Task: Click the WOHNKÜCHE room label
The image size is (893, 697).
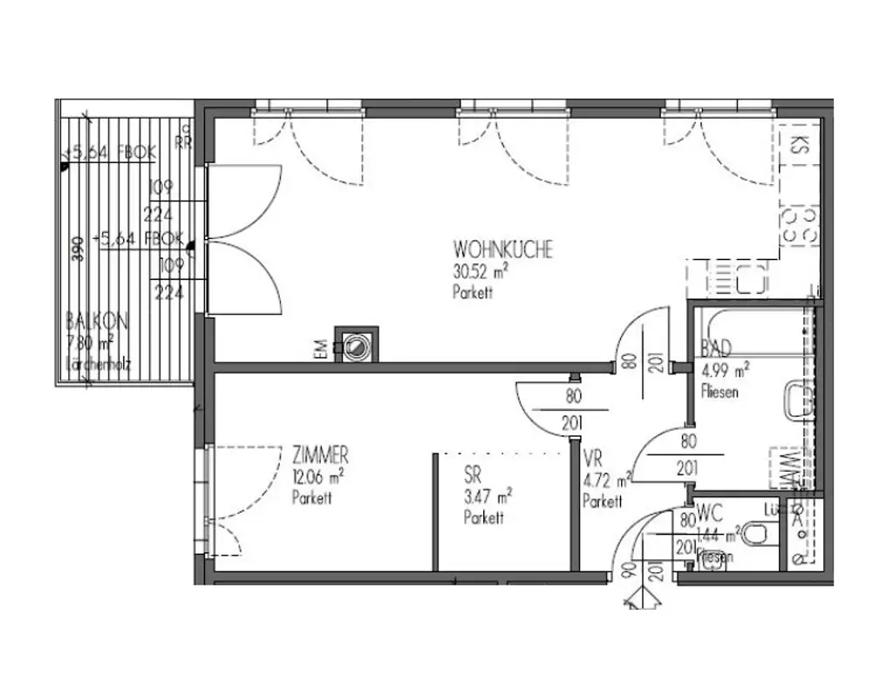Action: click(x=502, y=249)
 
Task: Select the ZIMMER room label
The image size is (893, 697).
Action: click(x=320, y=455)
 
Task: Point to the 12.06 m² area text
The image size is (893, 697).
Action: click(x=317, y=477)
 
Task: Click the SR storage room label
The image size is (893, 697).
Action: click(x=474, y=477)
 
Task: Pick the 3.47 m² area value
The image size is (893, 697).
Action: click(x=487, y=498)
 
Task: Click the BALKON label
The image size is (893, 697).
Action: click(x=96, y=321)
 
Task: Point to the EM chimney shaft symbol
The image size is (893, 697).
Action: click(x=358, y=346)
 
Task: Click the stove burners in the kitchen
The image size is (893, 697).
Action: click(x=799, y=224)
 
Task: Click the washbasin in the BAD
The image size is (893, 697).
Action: click(x=798, y=401)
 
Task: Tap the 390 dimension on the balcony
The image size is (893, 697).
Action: click(x=78, y=249)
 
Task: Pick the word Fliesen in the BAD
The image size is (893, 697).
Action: click(x=719, y=393)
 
